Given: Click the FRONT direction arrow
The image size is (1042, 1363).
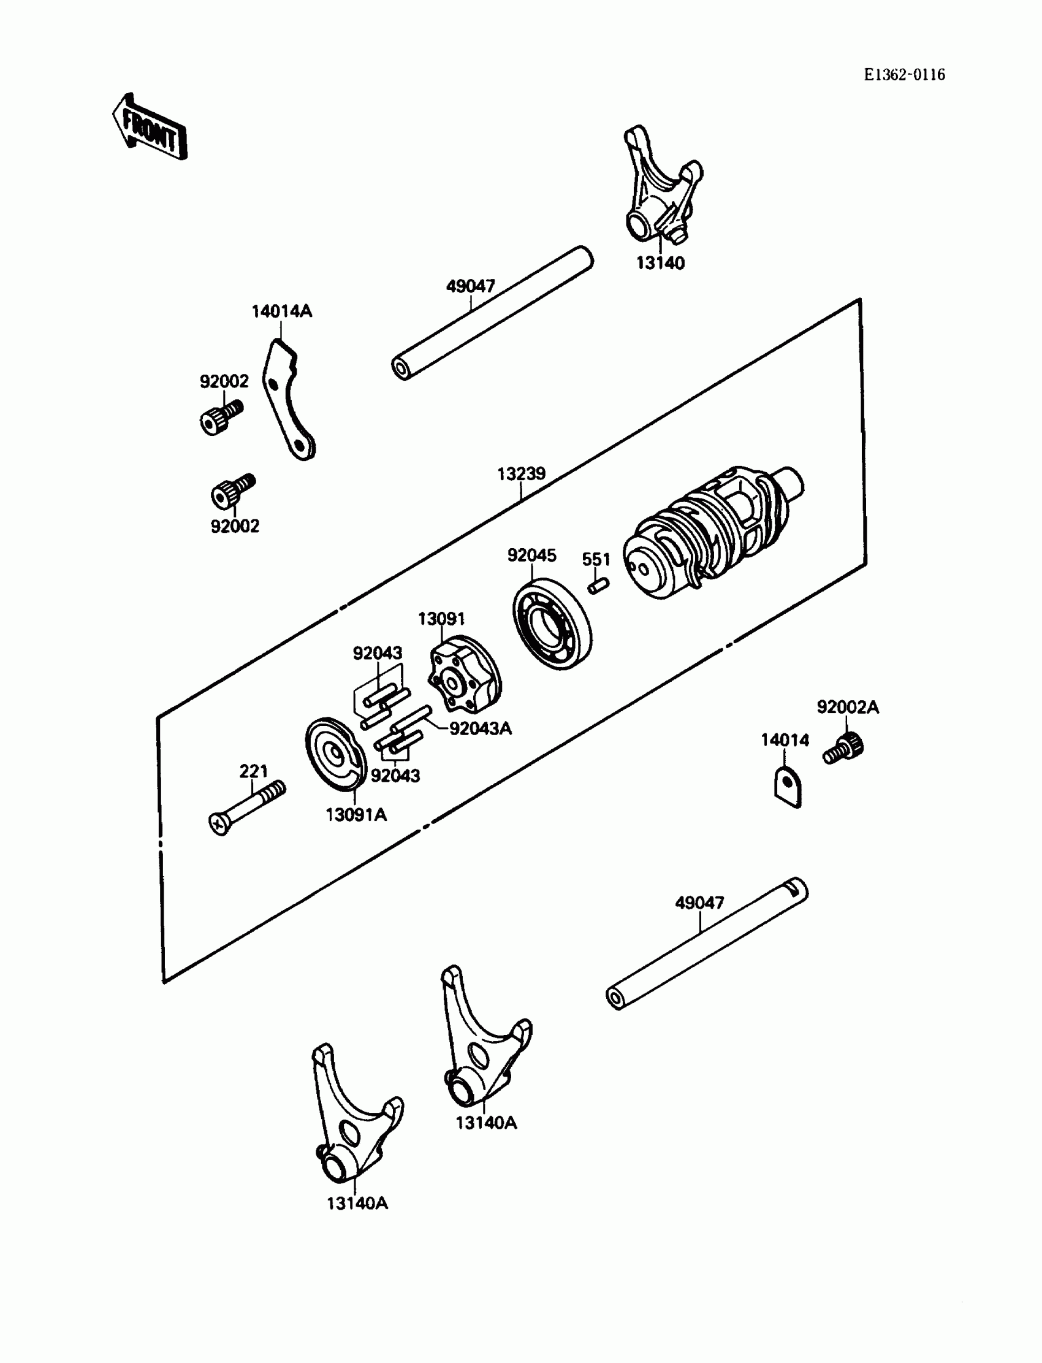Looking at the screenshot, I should click(x=150, y=128).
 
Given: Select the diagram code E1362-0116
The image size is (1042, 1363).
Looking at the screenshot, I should click(x=904, y=75).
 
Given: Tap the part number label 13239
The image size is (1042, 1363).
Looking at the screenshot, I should click(x=521, y=474).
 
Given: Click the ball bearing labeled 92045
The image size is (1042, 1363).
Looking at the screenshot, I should click(x=552, y=624).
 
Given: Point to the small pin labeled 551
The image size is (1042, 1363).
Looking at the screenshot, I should click(x=598, y=585).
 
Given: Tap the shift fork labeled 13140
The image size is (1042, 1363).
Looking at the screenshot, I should click(x=661, y=189).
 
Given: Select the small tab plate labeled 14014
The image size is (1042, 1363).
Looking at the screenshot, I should click(x=788, y=787).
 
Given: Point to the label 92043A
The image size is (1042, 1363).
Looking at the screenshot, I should click(x=480, y=728).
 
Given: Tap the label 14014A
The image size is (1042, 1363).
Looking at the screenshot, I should click(x=281, y=311).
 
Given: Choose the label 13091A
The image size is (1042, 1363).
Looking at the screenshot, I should click(x=356, y=815).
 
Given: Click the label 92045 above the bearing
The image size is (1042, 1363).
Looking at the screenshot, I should click(x=531, y=556).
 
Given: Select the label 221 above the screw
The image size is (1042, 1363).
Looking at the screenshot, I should click(x=253, y=771).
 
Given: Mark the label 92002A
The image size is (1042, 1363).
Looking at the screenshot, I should click(x=847, y=707).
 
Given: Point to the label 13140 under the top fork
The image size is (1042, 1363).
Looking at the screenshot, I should click(x=661, y=263).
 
